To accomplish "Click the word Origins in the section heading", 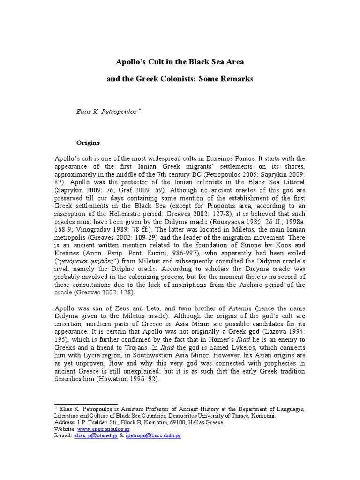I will pos(89,142).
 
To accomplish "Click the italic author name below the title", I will pos(105,112).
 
